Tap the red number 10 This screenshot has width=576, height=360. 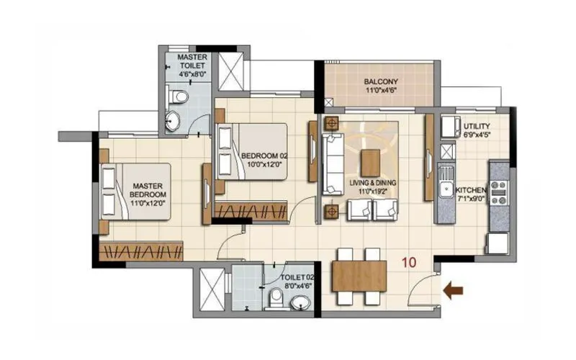410,263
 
